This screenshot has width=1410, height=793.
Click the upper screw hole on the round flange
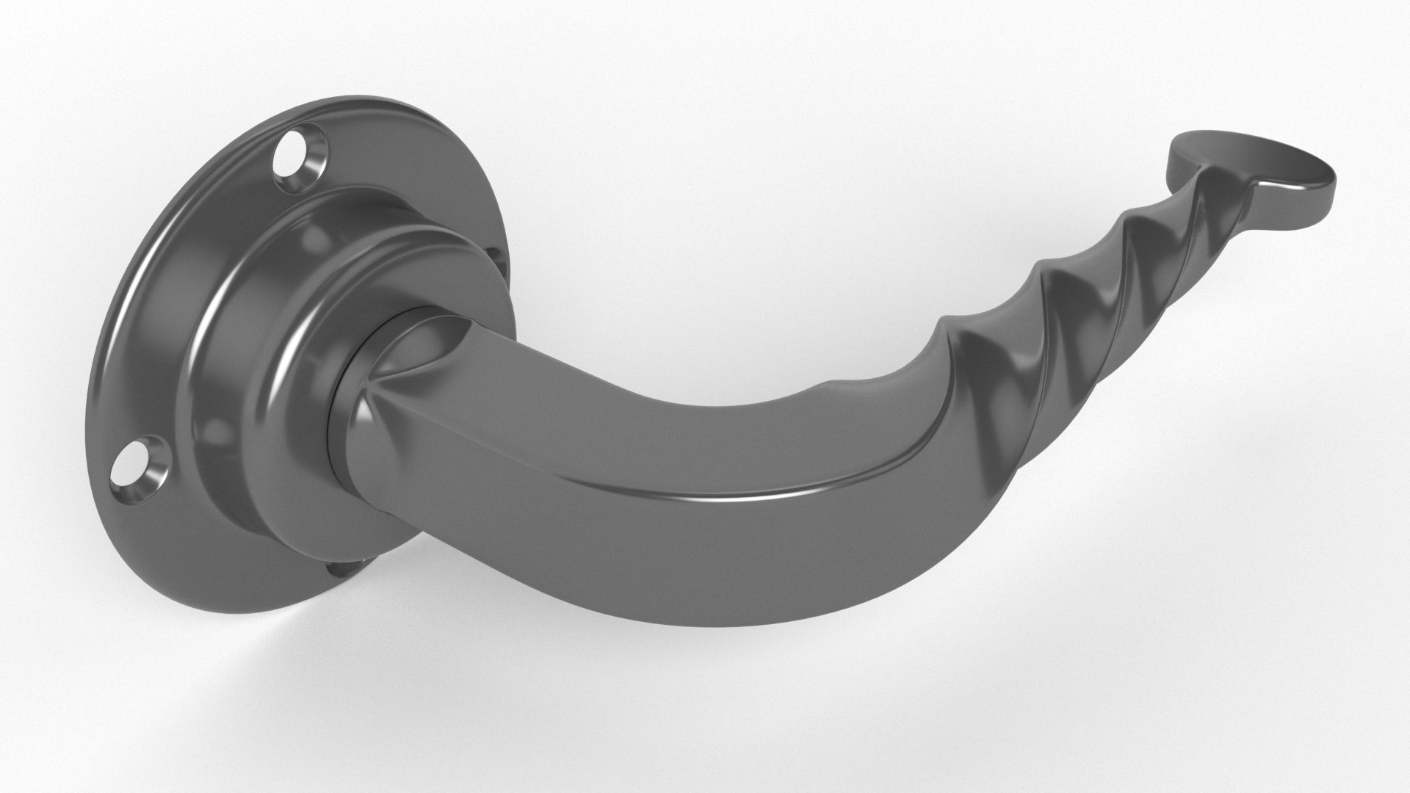coord(291,153)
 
